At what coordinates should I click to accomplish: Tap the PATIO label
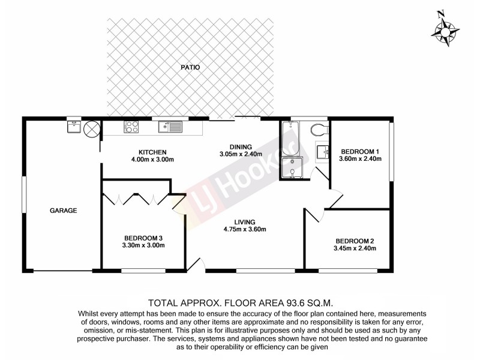tap(190, 68)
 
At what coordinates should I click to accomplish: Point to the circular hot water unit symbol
tap(91, 128)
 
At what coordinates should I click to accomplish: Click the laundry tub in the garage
tap(74, 127)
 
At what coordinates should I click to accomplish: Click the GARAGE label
tap(62, 210)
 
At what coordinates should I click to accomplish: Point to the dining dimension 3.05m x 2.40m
tap(240, 154)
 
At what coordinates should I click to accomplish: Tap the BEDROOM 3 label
tap(143, 237)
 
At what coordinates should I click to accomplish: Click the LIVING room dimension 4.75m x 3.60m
tap(245, 229)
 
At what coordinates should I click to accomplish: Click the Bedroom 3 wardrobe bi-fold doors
tap(137, 199)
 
